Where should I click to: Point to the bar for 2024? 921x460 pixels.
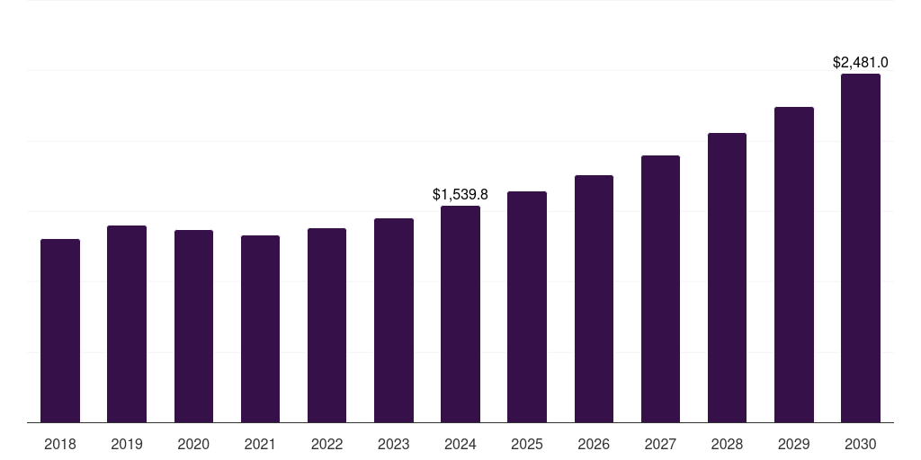[x=460, y=314]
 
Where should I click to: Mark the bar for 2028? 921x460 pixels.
[x=727, y=278]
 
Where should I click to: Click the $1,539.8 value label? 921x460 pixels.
[x=460, y=194]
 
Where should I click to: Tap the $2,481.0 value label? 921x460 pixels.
[x=861, y=63]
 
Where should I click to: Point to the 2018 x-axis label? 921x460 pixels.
[x=60, y=444]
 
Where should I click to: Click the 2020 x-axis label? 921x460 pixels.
[x=193, y=444]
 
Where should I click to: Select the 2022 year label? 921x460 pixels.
[x=326, y=444]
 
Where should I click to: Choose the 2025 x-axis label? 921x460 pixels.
[x=527, y=444]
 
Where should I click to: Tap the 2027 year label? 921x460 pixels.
[x=660, y=444]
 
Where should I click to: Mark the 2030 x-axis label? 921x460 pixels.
[x=861, y=444]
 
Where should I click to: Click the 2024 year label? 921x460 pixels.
[x=460, y=444]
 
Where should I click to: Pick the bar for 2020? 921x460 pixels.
[x=193, y=326]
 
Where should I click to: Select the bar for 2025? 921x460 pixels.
[x=527, y=306]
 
